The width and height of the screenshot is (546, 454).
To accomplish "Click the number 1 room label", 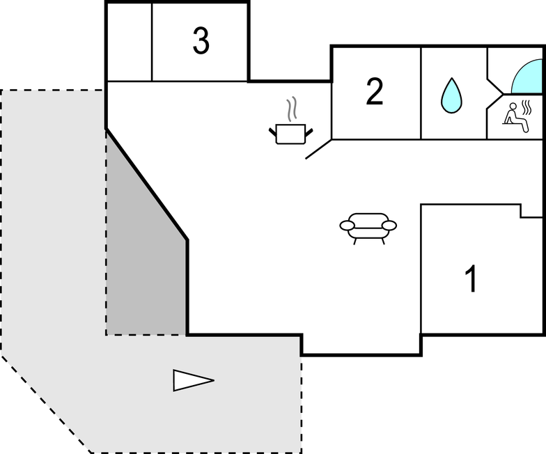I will (x=471, y=279).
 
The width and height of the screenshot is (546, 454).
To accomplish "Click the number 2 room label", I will (x=375, y=92).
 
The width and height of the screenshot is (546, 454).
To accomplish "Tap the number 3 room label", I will (x=201, y=42).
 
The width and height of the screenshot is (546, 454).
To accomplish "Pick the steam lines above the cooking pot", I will (x=292, y=109).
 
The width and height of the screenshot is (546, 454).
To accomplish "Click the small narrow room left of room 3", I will (x=129, y=42).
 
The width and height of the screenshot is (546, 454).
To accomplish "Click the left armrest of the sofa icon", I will (x=347, y=225).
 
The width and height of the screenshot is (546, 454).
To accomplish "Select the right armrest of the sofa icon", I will (x=389, y=225).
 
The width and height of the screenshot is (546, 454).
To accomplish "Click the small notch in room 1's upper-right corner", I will (x=531, y=210).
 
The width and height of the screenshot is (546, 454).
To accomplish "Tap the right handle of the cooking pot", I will (x=307, y=130).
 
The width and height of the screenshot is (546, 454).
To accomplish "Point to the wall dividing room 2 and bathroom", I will (x=421, y=93).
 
